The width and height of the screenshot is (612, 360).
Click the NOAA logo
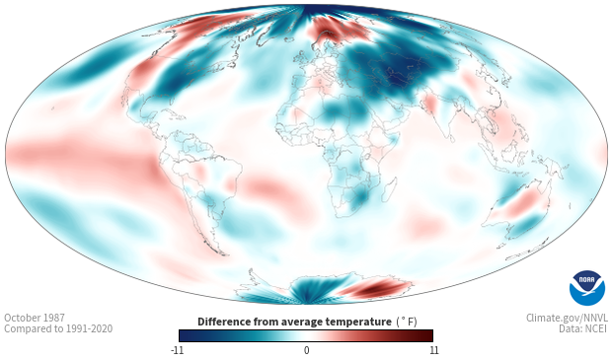[587, 288]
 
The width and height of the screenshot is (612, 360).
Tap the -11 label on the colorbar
[177, 350]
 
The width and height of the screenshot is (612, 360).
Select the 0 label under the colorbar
[306, 350]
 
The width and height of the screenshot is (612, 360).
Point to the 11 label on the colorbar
[434, 350]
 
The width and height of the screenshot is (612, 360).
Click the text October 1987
[35, 318]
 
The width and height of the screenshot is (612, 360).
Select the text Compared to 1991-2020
[58, 328]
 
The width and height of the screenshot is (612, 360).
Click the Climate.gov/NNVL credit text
[567, 318]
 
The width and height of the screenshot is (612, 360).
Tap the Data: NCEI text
[583, 328]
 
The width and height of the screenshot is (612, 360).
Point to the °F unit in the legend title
[407, 322]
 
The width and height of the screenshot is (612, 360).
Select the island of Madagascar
[389, 189]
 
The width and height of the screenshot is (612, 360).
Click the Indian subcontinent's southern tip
[451, 141]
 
